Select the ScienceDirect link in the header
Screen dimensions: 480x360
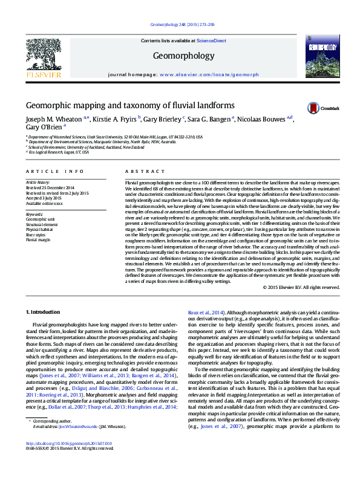click(212, 41)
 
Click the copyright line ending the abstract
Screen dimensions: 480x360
click(302, 287)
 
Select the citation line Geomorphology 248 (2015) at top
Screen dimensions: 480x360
click(180, 25)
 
